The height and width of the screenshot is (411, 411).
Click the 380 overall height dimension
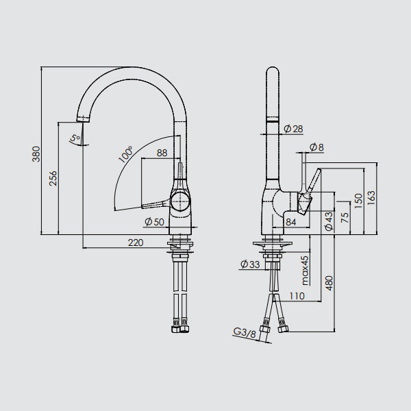click(x=36, y=154)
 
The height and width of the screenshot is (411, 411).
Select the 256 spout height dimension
click(x=53, y=178)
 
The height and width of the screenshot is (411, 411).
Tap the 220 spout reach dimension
click(x=136, y=242)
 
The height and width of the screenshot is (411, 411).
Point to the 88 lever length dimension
click(x=162, y=153)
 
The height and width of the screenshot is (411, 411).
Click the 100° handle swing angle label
click(x=125, y=154)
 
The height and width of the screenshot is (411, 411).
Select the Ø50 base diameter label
click(x=154, y=222)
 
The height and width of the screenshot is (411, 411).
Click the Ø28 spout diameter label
click(x=293, y=129)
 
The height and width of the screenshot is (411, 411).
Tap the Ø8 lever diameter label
click(x=316, y=147)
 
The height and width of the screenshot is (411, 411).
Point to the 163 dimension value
click(x=371, y=198)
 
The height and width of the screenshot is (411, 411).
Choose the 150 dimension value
click(x=358, y=201)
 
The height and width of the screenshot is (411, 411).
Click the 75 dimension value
click(x=345, y=218)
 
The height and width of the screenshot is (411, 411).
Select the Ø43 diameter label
click(x=329, y=221)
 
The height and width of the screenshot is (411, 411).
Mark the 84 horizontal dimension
click(x=291, y=222)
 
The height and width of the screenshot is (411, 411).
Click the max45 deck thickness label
click(x=305, y=271)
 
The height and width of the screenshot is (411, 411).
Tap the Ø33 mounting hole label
click(x=250, y=264)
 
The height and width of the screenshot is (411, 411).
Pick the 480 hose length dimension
click(x=329, y=283)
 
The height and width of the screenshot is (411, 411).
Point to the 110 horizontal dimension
click(x=297, y=296)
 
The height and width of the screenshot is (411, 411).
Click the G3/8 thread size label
click(x=245, y=333)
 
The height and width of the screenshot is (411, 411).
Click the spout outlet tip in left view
click(x=83, y=119)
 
